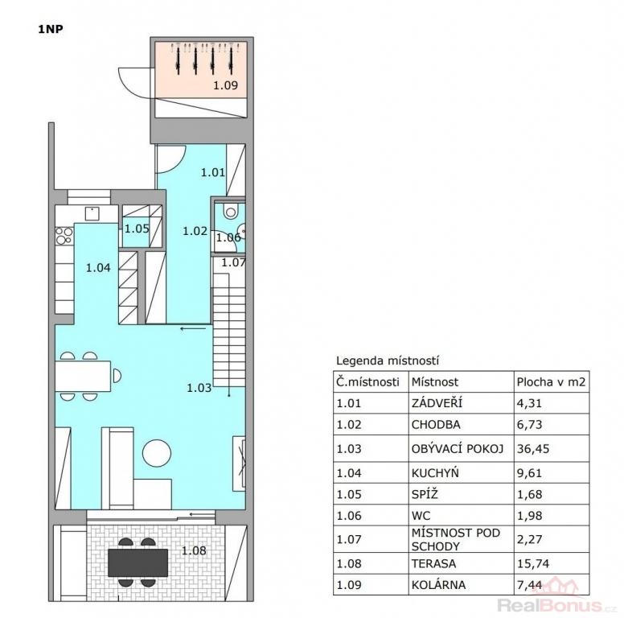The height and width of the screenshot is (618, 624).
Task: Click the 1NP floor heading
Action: [51, 29]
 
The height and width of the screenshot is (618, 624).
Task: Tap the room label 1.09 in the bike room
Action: [226, 85]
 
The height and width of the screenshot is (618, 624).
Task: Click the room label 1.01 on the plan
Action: [213, 172]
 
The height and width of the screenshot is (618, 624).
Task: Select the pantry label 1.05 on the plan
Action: [137, 229]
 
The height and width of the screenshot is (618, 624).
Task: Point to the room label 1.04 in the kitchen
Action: [98, 268]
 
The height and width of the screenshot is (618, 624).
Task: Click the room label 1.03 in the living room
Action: [199, 387]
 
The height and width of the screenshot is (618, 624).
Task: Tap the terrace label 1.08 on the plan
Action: [195, 550]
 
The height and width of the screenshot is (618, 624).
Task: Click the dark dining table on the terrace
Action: [138, 562]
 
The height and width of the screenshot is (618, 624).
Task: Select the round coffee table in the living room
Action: [157, 453]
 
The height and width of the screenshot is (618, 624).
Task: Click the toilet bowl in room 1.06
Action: [230, 211]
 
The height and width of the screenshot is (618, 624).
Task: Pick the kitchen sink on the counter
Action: [92, 213]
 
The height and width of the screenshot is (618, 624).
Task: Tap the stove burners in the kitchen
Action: [64, 235]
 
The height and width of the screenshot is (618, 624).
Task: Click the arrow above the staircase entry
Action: [193, 328]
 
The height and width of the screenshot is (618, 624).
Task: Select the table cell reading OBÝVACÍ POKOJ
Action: [458, 449]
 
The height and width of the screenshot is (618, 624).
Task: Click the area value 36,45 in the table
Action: [533, 449]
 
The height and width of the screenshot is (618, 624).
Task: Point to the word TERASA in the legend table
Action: [433, 564]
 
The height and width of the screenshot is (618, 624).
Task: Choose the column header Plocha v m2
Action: [551, 382]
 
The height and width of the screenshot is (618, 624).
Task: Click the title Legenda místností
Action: [388, 360]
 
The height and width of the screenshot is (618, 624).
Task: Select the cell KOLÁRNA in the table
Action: [438, 585]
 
